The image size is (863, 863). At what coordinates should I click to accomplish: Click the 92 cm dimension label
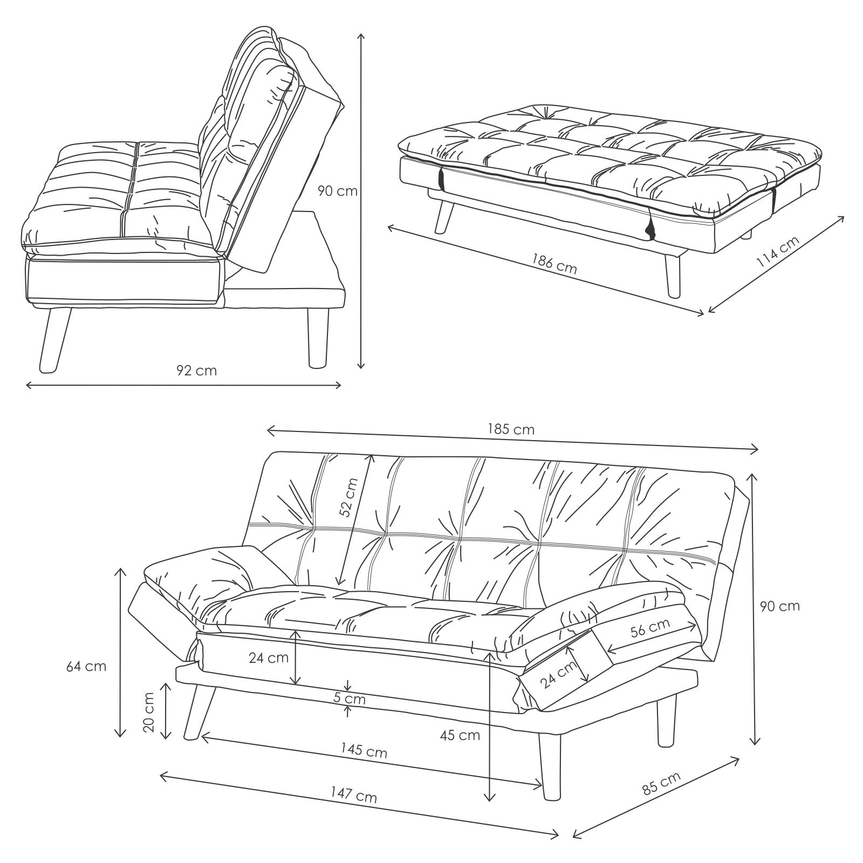coord(196,371)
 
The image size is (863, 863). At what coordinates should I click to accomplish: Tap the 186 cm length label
coord(554,264)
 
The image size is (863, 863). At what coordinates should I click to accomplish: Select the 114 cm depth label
coord(777,252)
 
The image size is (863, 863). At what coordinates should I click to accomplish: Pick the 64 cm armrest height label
coord(86,666)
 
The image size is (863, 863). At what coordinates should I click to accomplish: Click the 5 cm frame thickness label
coord(349,699)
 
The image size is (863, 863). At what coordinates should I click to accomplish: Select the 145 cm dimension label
coord(364,750)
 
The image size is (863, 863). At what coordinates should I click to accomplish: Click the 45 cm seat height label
coord(460,735)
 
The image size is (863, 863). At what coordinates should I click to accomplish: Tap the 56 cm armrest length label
coord(650,628)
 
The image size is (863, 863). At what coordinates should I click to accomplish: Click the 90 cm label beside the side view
coord(337,191)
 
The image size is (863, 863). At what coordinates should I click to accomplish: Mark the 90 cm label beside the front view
coord(779,606)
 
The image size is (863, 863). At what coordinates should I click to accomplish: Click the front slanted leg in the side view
coord(56,340)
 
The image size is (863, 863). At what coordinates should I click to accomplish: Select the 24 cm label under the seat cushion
coord(269,657)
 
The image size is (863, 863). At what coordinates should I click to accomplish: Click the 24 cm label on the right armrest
coord(559,675)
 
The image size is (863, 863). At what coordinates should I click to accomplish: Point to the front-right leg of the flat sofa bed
coord(673,275)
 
